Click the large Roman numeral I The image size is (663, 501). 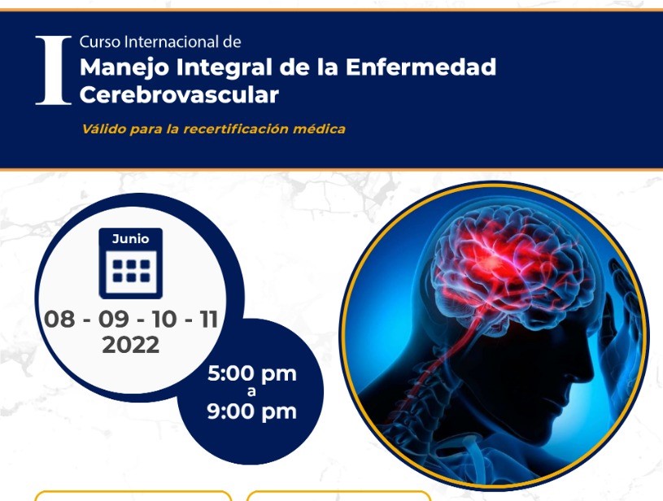[53, 70]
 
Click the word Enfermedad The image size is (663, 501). [421, 67]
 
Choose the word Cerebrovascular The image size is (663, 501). [179, 94]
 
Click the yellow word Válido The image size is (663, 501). [104, 129]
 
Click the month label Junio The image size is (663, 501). [131, 239]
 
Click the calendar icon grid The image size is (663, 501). [131, 271]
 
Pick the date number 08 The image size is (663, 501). [59, 319]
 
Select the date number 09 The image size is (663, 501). [114, 319]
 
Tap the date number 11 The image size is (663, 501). [209, 319]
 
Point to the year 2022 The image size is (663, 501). [131, 345]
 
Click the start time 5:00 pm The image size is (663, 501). [252, 374]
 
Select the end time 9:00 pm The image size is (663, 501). [252, 412]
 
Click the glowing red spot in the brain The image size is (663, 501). [491, 263]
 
